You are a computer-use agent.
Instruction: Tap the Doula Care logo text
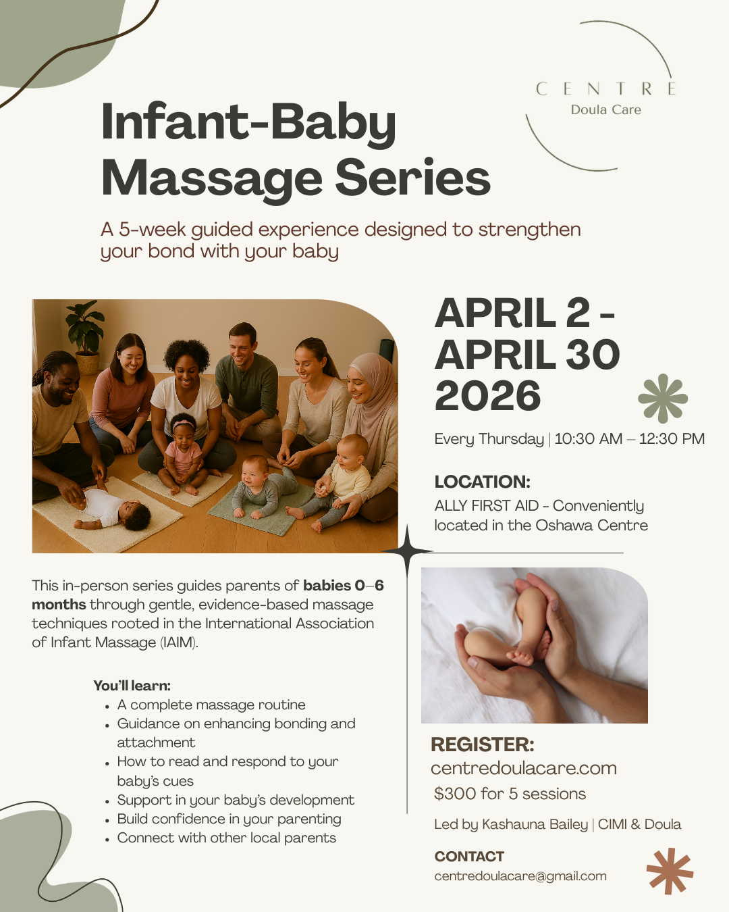click(605, 110)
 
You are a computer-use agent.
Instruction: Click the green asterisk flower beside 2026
click(662, 399)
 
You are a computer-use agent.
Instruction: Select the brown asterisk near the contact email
click(670, 871)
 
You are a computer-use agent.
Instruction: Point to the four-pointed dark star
click(408, 552)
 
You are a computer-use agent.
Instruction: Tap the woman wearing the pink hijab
click(370, 412)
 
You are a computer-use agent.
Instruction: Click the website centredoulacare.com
click(523, 768)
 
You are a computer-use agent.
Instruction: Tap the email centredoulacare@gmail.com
click(520, 876)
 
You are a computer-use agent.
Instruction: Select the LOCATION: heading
click(482, 482)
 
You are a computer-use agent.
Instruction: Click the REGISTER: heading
click(482, 744)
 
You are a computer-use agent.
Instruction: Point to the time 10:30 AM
click(588, 439)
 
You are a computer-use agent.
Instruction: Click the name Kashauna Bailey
click(535, 824)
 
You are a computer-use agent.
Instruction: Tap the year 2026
click(487, 396)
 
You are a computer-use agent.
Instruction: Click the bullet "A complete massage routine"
click(211, 705)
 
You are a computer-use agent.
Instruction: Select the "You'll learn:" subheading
click(132, 686)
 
